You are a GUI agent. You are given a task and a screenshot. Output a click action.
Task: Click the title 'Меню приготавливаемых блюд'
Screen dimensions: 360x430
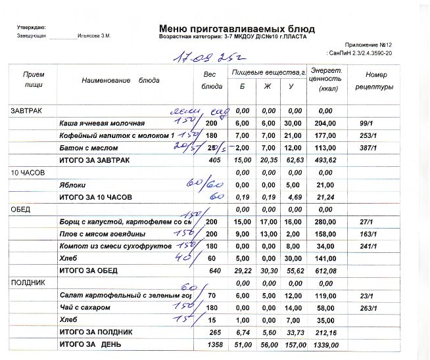click(x=237, y=29)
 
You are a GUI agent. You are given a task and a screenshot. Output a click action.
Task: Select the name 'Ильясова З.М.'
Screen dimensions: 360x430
click(x=93, y=35)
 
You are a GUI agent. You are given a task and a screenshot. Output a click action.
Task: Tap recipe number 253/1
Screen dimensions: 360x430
click(x=368, y=135)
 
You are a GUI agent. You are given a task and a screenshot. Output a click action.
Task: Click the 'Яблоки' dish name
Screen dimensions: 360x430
click(x=70, y=185)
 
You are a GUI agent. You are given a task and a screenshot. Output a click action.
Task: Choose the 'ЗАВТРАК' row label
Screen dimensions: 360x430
click(x=26, y=111)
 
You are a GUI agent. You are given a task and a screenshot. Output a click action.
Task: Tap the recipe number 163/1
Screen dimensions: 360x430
click(x=368, y=233)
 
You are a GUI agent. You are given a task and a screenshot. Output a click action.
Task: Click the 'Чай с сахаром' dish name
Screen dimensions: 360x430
click(x=84, y=307)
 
